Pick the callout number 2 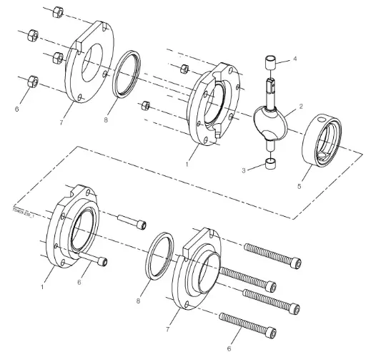302,106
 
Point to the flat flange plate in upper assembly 89,65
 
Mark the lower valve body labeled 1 76,230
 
